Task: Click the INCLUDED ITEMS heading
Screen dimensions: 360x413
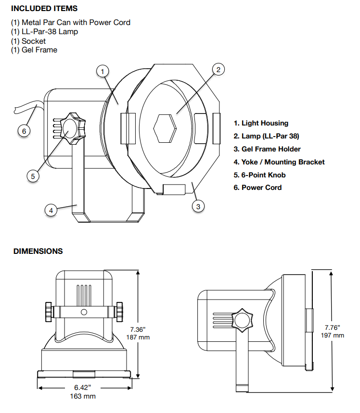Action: click(44, 9)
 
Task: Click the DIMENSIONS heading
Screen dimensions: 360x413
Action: click(38, 251)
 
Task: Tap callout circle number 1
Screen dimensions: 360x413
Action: click(103, 71)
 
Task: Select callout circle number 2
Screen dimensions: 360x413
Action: click(219, 70)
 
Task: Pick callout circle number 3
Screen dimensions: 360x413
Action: click(198, 207)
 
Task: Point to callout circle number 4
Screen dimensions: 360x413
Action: click(51, 211)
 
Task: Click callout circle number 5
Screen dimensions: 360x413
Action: click(33, 176)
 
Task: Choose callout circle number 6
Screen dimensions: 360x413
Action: click(24, 131)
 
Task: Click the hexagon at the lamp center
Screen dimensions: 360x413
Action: click(165, 128)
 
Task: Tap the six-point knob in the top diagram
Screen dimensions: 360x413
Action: click(73, 128)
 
